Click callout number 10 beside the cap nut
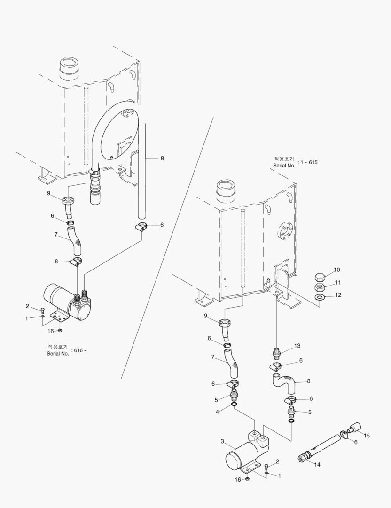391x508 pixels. (x=337, y=270)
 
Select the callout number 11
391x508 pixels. (x=337, y=283)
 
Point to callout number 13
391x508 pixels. (x=297, y=346)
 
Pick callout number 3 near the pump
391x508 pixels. (x=222, y=441)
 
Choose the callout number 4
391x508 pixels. (x=217, y=412)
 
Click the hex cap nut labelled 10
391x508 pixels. (x=320, y=276)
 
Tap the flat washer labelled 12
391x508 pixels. (x=320, y=298)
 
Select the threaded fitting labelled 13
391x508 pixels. (x=277, y=353)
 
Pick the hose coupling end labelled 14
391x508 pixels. (x=304, y=457)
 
